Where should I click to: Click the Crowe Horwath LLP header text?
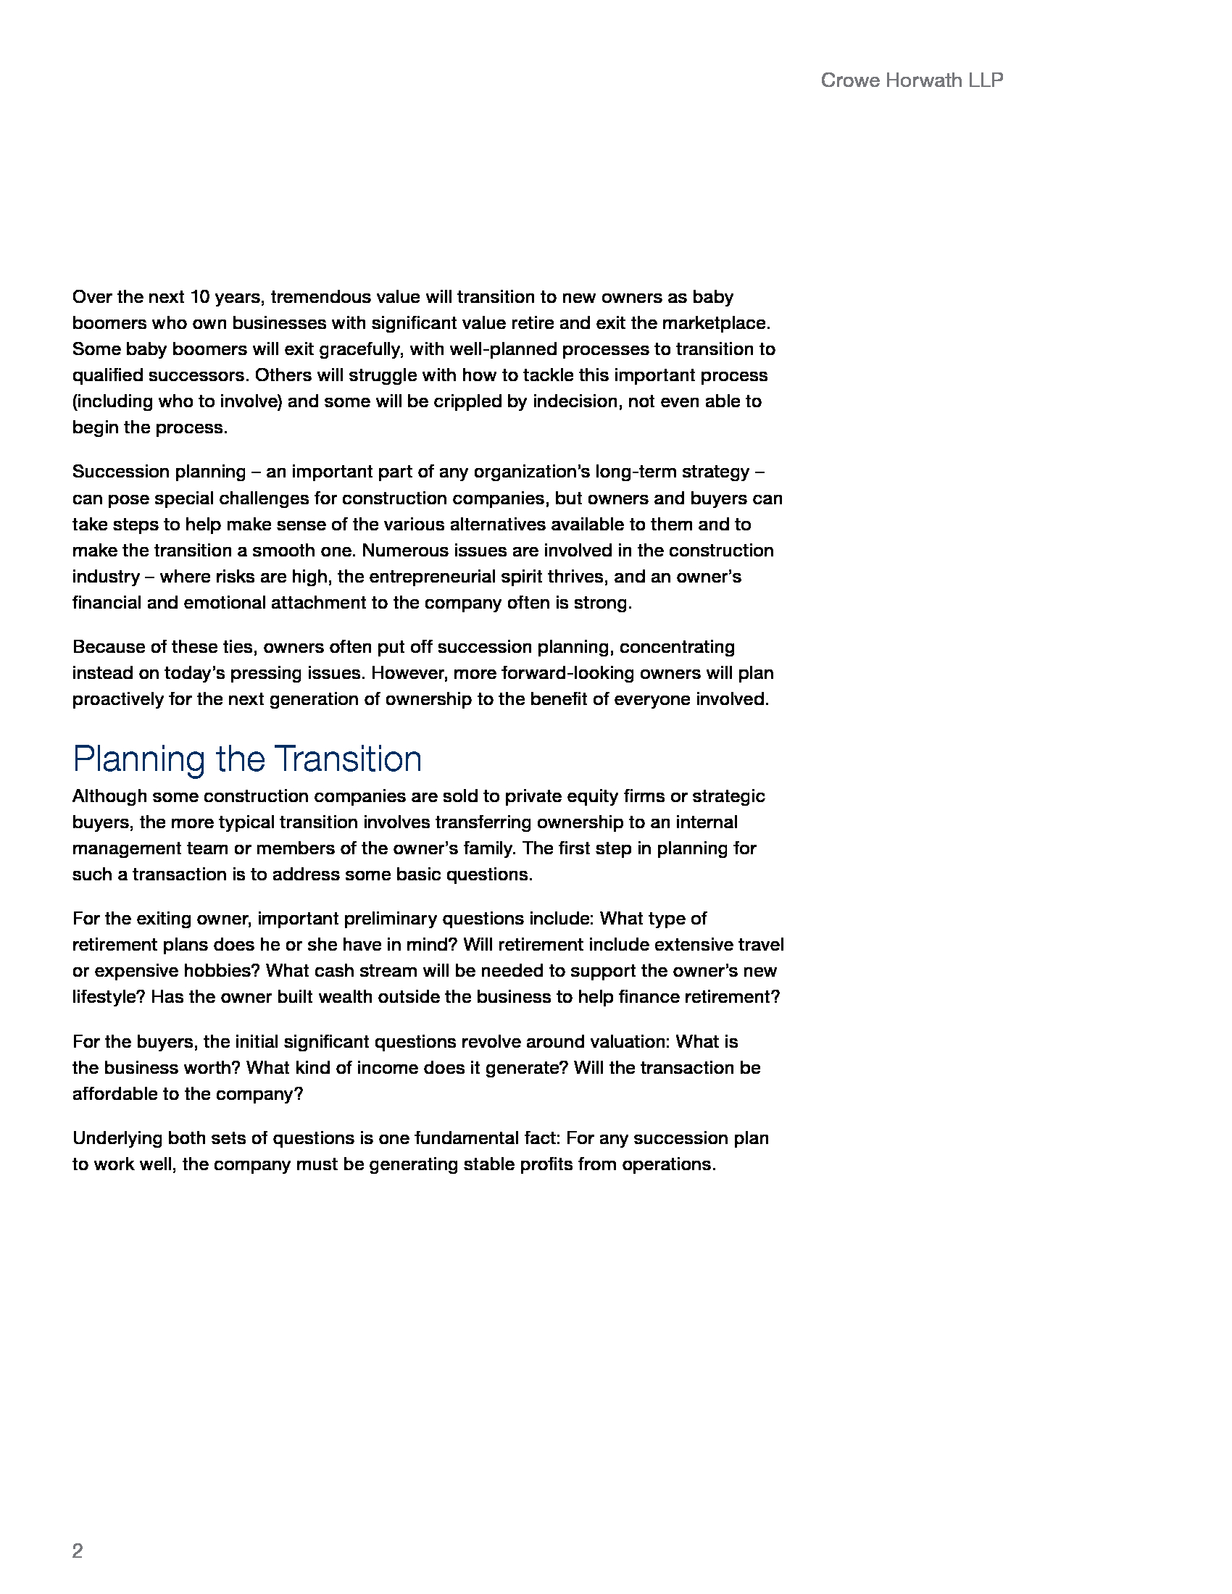pyautogui.click(x=911, y=80)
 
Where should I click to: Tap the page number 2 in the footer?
pyautogui.click(x=78, y=1551)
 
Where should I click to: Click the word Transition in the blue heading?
pyautogui.click(x=348, y=759)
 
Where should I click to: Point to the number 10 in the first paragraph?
pyautogui.click(x=200, y=297)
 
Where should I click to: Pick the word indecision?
pyautogui.click(x=575, y=401)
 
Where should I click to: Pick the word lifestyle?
pyautogui.click(x=109, y=997)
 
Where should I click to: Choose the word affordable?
pyautogui.click(x=113, y=1094)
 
